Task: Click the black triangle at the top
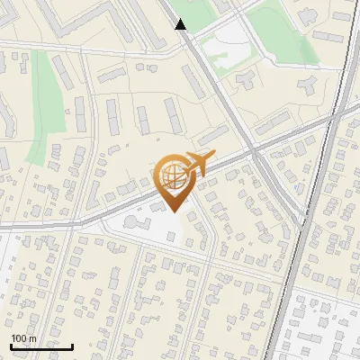point(181,24)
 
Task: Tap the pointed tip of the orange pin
point(174,211)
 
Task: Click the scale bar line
point(41,346)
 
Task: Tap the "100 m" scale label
point(23,338)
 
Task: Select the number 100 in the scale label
point(19,338)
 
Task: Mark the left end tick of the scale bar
point(11,345)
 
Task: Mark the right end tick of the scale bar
point(73,345)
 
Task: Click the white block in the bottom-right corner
point(324,328)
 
